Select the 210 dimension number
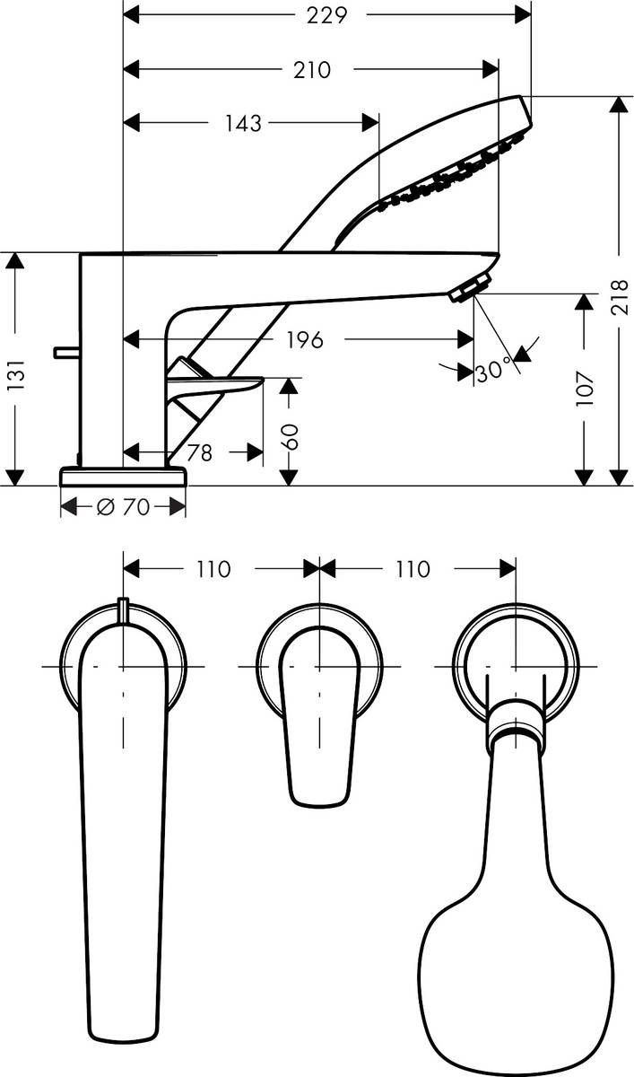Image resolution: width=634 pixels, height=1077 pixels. click(x=312, y=69)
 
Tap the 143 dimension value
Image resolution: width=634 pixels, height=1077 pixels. click(x=243, y=123)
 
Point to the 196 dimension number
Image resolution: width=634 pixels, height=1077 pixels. click(x=304, y=339)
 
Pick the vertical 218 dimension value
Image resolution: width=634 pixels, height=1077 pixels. click(x=620, y=297)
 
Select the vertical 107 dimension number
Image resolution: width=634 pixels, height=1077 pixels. click(x=585, y=389)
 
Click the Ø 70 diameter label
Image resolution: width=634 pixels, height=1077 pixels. click(x=123, y=507)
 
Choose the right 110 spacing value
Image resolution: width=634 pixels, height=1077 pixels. click(x=411, y=569)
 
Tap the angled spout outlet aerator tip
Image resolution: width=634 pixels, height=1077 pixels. click(x=466, y=289)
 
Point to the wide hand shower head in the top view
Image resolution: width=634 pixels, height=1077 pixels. click(x=517, y=960)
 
